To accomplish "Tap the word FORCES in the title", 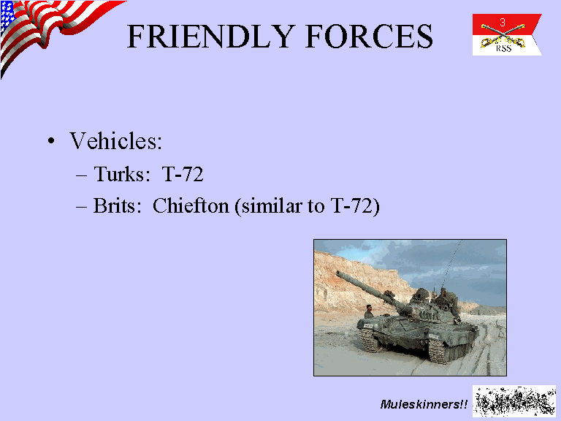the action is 369,36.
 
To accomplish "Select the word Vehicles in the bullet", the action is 116,140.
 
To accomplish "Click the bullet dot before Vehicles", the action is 52,140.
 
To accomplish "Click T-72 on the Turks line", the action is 183,175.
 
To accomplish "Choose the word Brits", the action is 115,206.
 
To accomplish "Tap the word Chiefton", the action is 191,205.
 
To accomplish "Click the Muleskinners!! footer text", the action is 424,404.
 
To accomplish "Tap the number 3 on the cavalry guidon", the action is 503,23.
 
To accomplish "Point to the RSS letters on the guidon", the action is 504,49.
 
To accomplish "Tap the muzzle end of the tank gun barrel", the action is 337,273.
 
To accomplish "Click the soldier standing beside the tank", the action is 368,311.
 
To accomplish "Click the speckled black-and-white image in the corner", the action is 514,401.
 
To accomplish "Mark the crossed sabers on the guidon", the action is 503,35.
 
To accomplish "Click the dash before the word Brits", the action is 82,208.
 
